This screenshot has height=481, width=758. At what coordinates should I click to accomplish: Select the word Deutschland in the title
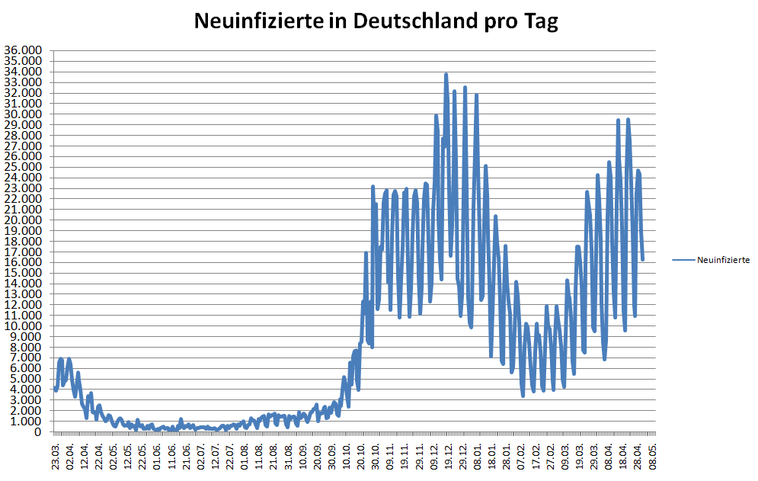tap(411, 21)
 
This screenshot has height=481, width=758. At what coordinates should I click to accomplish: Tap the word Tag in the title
tap(540, 21)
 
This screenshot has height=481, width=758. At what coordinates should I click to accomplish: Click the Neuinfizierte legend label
tap(723, 260)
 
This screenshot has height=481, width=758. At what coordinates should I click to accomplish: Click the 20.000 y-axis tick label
tap(24, 220)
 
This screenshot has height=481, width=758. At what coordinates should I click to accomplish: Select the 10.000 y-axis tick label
tap(24, 326)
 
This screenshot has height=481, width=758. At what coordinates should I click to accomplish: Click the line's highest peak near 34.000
tap(446, 74)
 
